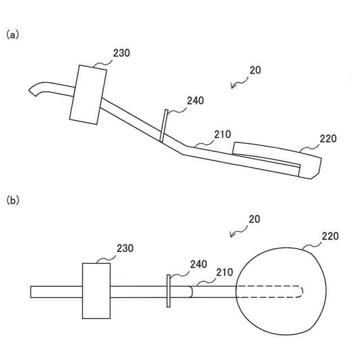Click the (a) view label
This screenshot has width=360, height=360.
point(12,35)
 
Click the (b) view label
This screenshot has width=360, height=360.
point(12,200)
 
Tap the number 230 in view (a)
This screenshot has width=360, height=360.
point(121,53)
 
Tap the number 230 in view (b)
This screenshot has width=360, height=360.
point(125,248)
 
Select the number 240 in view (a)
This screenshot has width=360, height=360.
point(195,101)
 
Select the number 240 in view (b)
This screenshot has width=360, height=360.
point(198,264)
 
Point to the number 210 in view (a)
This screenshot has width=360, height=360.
point(222,135)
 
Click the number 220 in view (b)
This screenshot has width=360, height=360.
point(330,236)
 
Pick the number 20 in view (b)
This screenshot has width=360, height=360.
point(255,218)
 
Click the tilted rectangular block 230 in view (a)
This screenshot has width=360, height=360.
point(88,93)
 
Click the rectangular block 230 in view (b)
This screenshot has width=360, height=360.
point(96,290)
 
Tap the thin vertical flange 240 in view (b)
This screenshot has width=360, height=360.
point(168,291)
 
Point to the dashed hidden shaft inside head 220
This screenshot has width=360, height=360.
point(270,291)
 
